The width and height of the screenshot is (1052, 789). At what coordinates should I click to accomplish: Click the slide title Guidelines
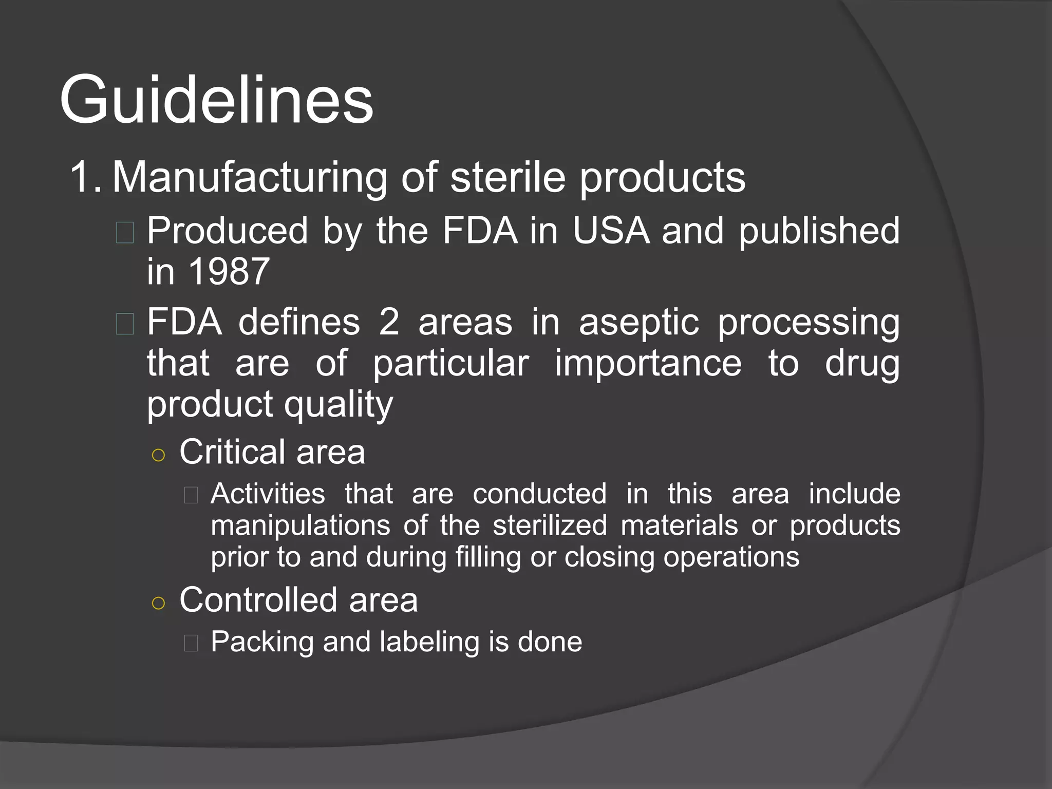pos(216,100)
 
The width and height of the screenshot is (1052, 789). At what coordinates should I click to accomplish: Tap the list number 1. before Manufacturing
pos(85,177)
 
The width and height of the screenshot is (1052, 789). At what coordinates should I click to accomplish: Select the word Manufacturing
pos(250,177)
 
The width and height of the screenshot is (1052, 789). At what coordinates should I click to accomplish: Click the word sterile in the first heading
pos(508,177)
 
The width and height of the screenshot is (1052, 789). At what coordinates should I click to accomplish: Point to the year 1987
pos(229,271)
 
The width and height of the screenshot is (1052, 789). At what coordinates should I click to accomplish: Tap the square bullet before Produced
pos(125,232)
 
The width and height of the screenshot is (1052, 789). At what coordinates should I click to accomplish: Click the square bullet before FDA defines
pos(125,324)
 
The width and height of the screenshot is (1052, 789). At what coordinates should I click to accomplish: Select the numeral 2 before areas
pos(389,322)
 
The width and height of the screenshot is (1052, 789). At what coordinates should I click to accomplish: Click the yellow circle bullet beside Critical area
pos(159,455)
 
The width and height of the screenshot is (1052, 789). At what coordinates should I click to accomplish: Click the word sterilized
pos(550,525)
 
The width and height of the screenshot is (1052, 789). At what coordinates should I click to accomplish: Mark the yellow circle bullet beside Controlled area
pos(159,603)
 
